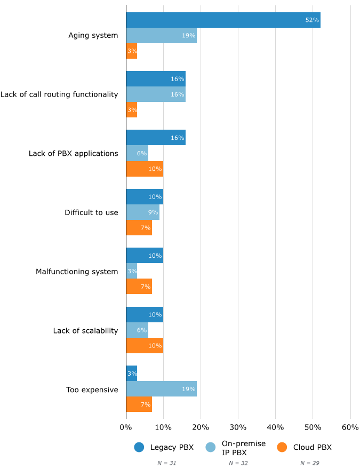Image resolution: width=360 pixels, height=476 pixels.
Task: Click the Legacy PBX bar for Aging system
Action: pos(223,20)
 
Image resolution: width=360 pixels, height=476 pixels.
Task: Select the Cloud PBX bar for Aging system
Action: pos(132,51)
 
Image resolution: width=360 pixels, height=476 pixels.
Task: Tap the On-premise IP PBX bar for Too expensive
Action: pos(161,389)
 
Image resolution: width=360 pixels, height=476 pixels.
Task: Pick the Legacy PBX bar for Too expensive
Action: pos(132,374)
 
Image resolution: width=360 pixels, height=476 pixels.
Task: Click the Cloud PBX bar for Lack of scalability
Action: pos(145,345)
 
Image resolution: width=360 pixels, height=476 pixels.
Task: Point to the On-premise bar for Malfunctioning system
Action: pos(132,271)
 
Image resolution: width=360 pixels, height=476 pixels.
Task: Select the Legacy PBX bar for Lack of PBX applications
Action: pos(156,138)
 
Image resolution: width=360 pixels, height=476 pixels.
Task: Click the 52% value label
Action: pos(312,20)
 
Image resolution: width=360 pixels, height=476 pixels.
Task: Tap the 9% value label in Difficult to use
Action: pos(153,212)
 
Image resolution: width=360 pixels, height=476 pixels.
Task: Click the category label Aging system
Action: pos(93,36)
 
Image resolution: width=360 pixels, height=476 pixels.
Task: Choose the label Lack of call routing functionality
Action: pos(59,94)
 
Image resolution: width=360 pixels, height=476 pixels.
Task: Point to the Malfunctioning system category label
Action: pos(77,272)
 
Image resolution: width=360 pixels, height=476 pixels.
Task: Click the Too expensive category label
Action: pos(92,390)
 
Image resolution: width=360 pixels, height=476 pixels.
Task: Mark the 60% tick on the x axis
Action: pos(350,427)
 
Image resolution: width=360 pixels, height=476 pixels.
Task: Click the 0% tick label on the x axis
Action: pos(126,427)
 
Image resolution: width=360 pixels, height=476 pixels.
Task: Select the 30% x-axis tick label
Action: pos(238,427)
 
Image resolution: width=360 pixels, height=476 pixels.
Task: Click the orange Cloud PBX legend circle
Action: pos(283,448)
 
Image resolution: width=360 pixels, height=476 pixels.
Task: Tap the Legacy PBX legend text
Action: pos(172,448)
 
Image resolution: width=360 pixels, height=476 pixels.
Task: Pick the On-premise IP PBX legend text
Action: pos(244,448)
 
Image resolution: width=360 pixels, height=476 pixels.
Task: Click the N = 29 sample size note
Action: pos(309,463)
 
